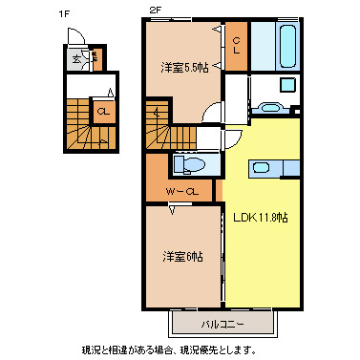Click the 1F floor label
[63, 12]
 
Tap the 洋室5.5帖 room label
[183, 68]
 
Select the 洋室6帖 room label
[180, 256]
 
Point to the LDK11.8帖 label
[262, 217]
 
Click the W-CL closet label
[181, 192]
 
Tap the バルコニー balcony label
[222, 325]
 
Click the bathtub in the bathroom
[287, 46]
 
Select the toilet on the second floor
[190, 164]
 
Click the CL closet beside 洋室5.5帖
[236, 46]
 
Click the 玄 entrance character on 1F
[75, 60]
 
